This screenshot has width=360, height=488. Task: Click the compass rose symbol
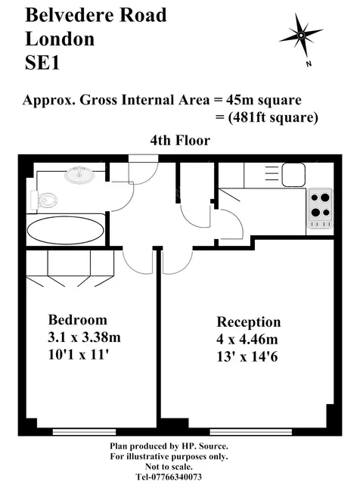(301, 35)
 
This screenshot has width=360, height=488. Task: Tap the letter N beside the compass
(309, 64)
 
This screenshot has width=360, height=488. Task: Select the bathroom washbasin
(79, 176)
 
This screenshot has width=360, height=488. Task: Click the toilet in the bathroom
(44, 199)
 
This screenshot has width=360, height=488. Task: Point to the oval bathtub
(65, 230)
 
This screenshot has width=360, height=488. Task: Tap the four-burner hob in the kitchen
(320, 207)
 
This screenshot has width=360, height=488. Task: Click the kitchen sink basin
(293, 175)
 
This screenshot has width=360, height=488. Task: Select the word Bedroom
(78, 320)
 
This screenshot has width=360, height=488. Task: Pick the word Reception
(249, 322)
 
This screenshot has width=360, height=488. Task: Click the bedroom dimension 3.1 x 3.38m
(84, 337)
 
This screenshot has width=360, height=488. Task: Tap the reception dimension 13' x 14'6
(247, 356)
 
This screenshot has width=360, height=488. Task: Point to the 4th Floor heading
(180, 141)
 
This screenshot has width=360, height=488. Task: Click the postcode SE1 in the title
(42, 63)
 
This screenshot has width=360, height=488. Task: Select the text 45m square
(264, 100)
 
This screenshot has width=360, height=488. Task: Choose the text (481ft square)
(272, 117)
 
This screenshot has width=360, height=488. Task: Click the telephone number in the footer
(169, 477)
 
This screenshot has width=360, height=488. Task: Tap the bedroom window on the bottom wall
(84, 432)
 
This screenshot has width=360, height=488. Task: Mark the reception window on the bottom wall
(251, 432)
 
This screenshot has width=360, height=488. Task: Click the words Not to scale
(169, 467)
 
